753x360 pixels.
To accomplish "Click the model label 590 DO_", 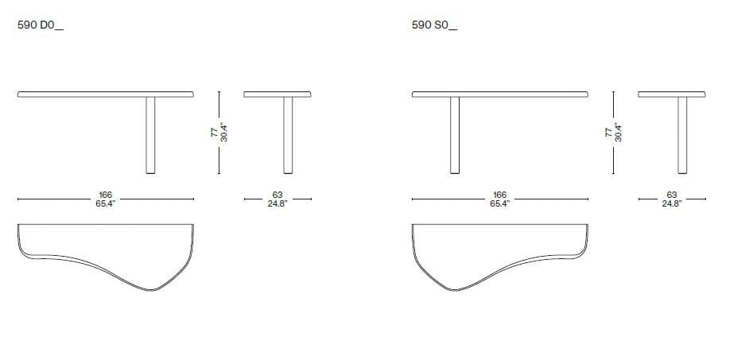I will tap(40, 25).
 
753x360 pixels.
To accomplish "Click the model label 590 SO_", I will tap(434, 25).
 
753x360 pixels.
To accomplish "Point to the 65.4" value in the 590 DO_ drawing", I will tap(105, 203).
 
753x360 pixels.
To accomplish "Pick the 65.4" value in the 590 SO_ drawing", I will tap(499, 203).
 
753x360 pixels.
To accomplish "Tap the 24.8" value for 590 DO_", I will tap(277, 203).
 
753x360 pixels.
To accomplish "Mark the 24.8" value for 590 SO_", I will tap(671, 203).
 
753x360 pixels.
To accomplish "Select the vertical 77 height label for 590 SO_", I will tap(608, 134).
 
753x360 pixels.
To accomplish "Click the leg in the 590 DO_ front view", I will tap(149, 135).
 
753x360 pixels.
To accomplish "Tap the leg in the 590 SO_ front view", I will tap(455, 135).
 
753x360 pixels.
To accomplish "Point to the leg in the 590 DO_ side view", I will tap(287, 135).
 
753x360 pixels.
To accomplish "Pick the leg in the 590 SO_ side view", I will tap(682, 135).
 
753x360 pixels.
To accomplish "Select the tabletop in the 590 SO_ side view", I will tap(672, 95).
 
